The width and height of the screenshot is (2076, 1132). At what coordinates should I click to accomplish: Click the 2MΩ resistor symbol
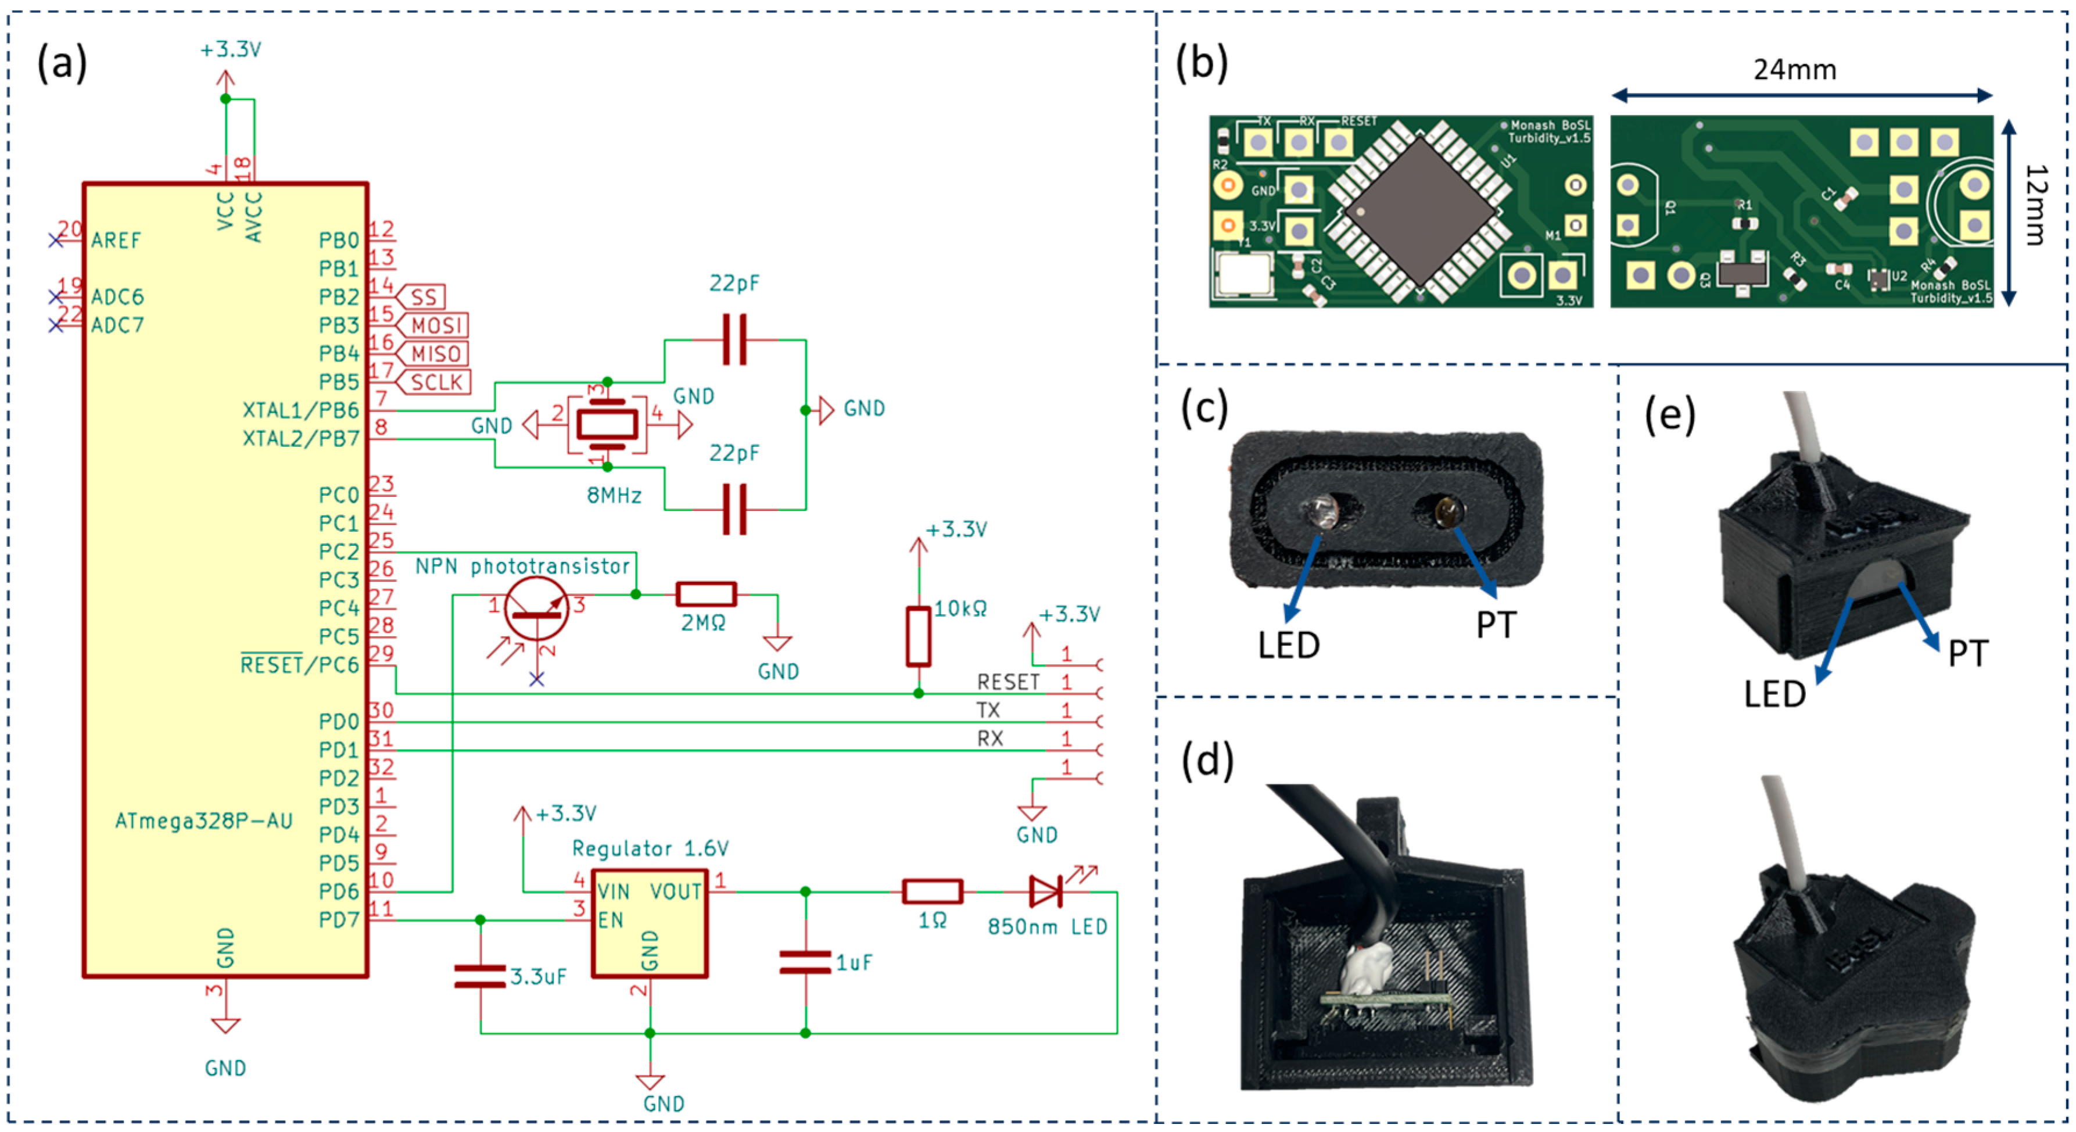pyautogui.click(x=706, y=595)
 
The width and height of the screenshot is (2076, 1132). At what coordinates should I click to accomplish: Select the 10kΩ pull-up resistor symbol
pyautogui.click(x=918, y=636)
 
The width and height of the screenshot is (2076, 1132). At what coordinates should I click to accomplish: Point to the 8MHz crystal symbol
pyautogui.click(x=606, y=425)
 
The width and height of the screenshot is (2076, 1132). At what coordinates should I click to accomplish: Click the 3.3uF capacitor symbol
pyautogui.click(x=481, y=976)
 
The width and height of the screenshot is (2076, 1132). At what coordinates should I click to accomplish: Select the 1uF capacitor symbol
pyautogui.click(x=805, y=962)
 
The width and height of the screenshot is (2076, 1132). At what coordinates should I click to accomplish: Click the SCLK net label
pyautogui.click(x=437, y=382)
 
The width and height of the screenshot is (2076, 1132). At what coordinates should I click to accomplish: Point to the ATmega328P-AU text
pyautogui.click(x=204, y=821)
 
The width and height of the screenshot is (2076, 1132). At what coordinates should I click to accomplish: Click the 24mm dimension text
pyautogui.click(x=1795, y=70)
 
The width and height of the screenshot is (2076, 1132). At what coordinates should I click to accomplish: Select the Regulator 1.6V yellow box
pyautogui.click(x=650, y=924)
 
